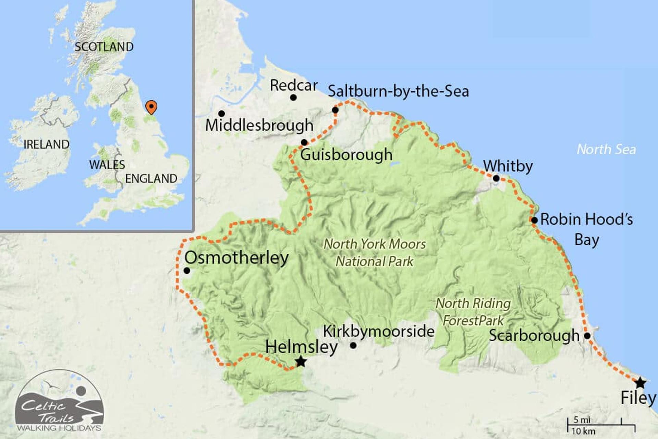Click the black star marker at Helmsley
point(301,361)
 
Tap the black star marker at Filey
point(640,383)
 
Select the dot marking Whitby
point(496,178)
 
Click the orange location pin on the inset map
point(151,107)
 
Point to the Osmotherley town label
point(236,258)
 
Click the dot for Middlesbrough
point(221,114)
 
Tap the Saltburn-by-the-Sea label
point(398,91)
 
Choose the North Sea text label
point(606,149)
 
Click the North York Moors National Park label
point(375,253)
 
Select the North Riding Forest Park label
point(473,312)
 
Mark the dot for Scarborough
point(587,336)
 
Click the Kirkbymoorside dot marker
point(353,345)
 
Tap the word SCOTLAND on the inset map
point(104,47)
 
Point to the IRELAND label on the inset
point(46,144)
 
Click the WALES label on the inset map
point(107,165)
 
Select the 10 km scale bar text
point(583,431)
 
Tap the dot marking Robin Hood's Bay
point(534,220)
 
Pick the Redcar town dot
point(293,97)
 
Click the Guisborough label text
point(346,155)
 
